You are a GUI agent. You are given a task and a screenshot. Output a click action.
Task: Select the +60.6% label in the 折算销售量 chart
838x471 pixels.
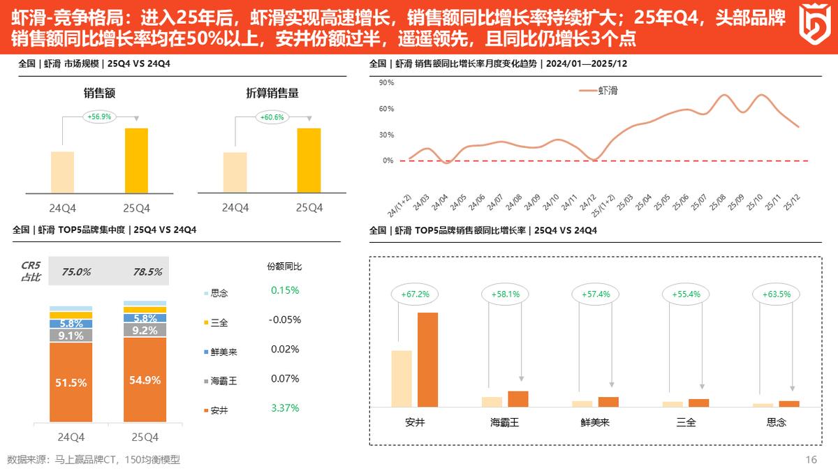pyautogui.click(x=272, y=117)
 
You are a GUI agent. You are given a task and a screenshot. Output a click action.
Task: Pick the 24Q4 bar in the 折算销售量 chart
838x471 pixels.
pyautogui.click(x=235, y=172)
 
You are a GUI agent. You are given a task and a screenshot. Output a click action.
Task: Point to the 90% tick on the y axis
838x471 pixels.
pyautogui.click(x=386, y=82)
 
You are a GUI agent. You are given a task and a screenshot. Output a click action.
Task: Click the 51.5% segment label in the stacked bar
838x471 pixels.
pyautogui.click(x=71, y=382)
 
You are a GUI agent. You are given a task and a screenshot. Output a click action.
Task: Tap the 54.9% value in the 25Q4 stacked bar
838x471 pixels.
pyautogui.click(x=145, y=380)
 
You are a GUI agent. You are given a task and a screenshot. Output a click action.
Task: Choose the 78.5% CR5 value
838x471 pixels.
pyautogui.click(x=147, y=271)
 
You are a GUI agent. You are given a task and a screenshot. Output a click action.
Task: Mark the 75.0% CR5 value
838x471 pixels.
pyautogui.click(x=76, y=271)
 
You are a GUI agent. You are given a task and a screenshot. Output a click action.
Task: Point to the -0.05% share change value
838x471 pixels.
pyautogui.click(x=284, y=320)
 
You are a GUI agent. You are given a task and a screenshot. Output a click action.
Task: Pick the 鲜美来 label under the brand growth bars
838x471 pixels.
pyautogui.click(x=595, y=422)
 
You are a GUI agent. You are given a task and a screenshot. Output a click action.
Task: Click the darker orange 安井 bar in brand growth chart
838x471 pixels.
pyautogui.click(x=427, y=359)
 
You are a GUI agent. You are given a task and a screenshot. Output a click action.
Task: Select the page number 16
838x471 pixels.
pyautogui.click(x=811, y=459)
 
